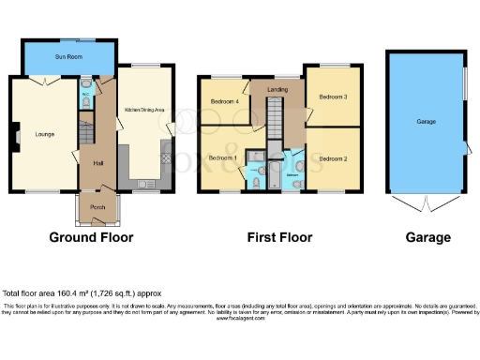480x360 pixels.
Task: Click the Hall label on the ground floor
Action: pos(97,163)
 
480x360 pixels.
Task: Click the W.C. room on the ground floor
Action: pos(85,95)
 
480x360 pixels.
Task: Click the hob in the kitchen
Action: pos(166,159)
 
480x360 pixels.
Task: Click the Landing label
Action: pos(277,90)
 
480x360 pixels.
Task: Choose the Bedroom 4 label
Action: pos(224,101)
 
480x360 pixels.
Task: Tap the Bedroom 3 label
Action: pos(333,97)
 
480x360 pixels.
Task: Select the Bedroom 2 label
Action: pos(333,158)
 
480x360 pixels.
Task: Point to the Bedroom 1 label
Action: pos(221,157)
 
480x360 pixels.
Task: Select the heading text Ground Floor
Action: pos(91,237)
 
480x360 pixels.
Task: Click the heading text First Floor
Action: pos(278,237)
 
